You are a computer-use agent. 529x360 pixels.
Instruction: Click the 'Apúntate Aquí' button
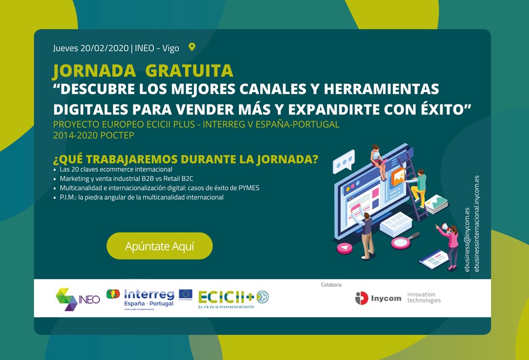point(160,246)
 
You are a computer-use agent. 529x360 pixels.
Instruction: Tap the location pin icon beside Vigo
point(192,48)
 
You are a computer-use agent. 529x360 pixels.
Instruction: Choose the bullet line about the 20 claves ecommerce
point(116,169)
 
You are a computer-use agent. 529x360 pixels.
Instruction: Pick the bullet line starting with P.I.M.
point(141,197)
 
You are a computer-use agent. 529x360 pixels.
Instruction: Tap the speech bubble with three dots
point(344,163)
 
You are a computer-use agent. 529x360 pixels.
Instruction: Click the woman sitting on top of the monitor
point(377,157)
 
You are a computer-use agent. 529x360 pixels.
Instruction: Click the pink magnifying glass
point(401,241)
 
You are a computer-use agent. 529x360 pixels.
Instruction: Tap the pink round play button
point(344,248)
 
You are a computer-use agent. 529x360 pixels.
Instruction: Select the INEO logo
point(78,299)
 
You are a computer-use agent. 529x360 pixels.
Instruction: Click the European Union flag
point(185,294)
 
